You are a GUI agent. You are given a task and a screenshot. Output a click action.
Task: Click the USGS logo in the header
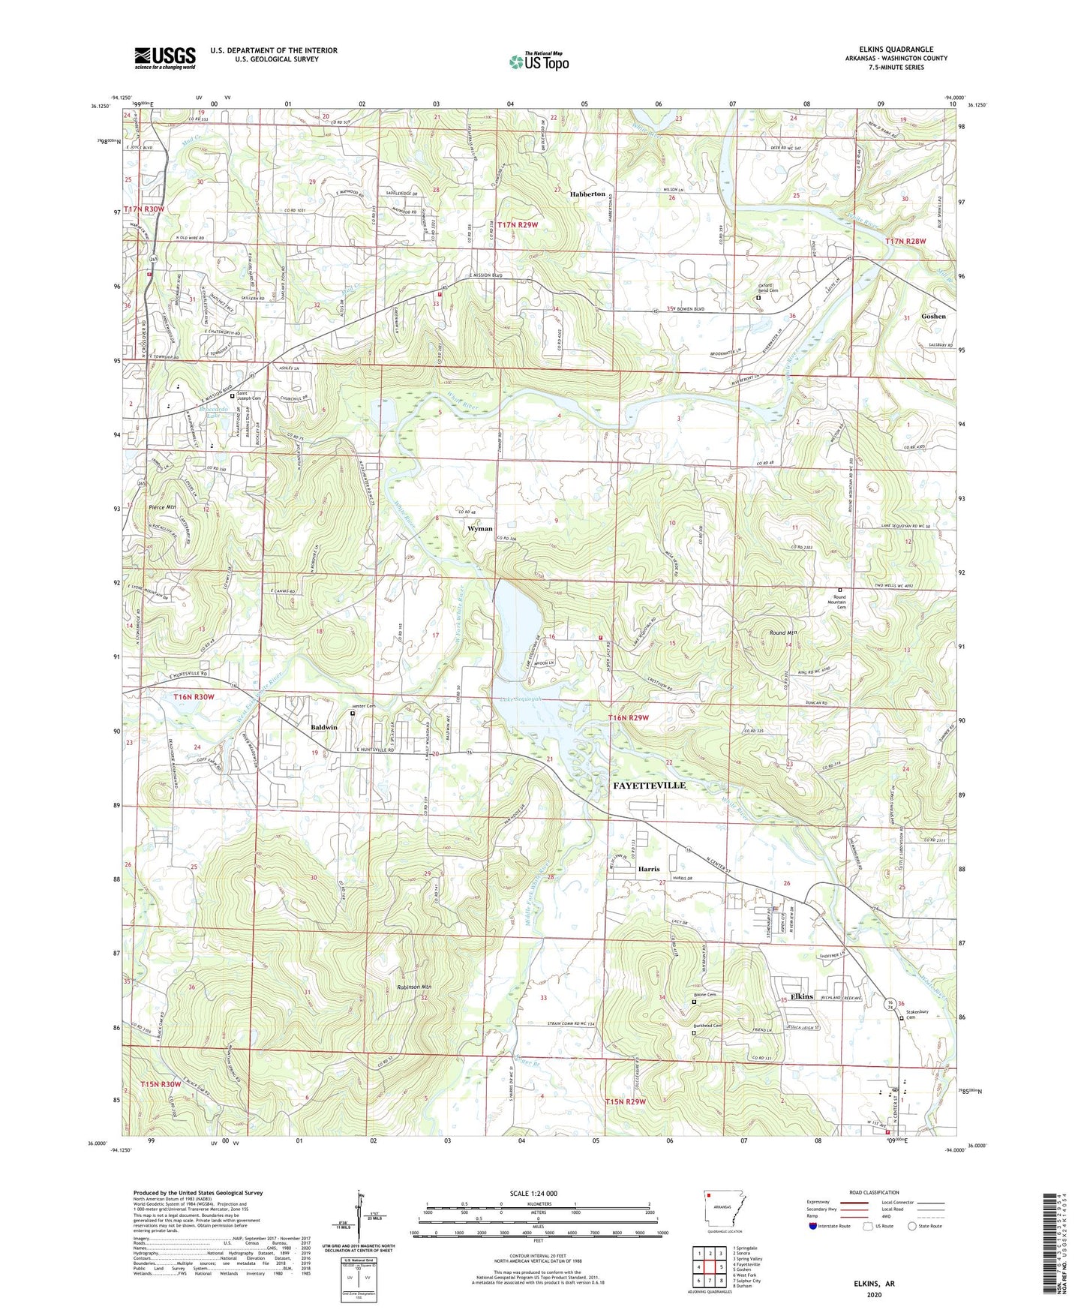[x=165, y=58]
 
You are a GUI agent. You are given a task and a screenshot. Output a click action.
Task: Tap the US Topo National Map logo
[x=539, y=62]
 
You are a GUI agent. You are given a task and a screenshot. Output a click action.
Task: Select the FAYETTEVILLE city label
[x=650, y=785]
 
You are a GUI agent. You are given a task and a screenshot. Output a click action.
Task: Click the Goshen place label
[x=933, y=317]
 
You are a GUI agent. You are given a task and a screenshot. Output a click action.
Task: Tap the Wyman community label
[x=480, y=528]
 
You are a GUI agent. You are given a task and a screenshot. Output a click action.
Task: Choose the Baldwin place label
[x=324, y=728]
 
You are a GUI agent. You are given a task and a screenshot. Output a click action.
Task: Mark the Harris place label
[x=648, y=869]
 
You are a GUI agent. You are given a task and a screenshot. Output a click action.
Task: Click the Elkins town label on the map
[x=802, y=996]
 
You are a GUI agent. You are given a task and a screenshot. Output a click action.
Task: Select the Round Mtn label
[x=782, y=633]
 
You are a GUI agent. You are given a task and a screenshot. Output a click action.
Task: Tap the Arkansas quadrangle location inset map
[x=724, y=1209]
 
